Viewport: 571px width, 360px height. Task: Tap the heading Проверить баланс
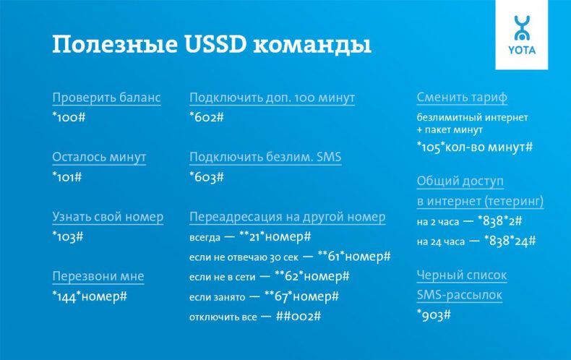click(x=106, y=98)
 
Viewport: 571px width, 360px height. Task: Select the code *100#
click(x=69, y=117)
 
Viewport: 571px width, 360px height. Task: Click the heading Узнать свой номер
click(x=108, y=217)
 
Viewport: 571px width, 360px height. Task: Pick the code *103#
click(x=68, y=236)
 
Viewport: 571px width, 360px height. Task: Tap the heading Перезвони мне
click(x=98, y=276)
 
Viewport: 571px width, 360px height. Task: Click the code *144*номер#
click(x=90, y=296)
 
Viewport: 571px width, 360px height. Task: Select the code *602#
click(x=207, y=117)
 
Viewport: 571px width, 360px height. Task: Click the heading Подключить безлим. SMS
click(x=265, y=157)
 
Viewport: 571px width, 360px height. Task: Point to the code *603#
click(x=207, y=176)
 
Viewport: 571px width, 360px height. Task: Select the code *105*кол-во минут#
click(x=475, y=147)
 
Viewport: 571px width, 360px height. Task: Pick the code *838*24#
click(x=510, y=239)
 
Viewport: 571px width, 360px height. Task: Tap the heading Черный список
click(x=462, y=275)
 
